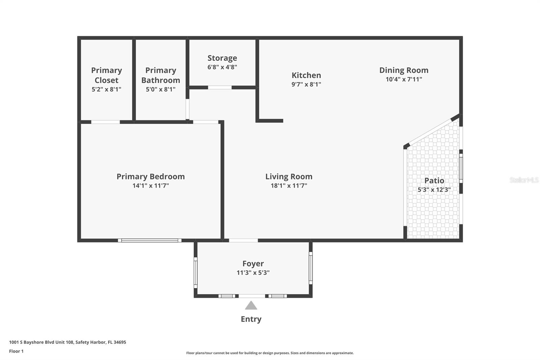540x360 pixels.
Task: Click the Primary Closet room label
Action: tap(106, 75)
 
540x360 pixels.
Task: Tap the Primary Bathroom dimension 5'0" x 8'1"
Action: tap(161, 89)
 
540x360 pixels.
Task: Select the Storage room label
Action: tap(222, 58)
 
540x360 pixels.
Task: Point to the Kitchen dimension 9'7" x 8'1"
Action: tap(306, 84)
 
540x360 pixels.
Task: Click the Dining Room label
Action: tap(404, 70)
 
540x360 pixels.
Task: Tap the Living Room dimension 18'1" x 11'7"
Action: tap(289, 185)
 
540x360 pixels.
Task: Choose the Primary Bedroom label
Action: tap(151, 176)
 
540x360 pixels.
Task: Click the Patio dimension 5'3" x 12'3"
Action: tap(434, 190)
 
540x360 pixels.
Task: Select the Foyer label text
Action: tap(253, 263)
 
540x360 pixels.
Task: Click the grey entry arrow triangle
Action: tap(251, 306)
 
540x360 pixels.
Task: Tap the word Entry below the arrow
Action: tap(251, 319)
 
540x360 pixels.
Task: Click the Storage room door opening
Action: tap(220, 87)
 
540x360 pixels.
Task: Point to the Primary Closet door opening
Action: tap(105, 122)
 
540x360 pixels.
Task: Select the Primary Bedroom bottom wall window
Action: tap(150, 240)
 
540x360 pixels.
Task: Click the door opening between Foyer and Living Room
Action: tap(243, 240)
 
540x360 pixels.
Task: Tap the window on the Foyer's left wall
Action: tap(195, 273)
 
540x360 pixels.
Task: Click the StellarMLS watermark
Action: tap(524, 180)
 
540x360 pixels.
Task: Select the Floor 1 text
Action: tap(16, 351)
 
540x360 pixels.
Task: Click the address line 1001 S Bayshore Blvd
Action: tap(67, 342)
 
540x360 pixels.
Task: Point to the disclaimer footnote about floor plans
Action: tap(270, 353)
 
